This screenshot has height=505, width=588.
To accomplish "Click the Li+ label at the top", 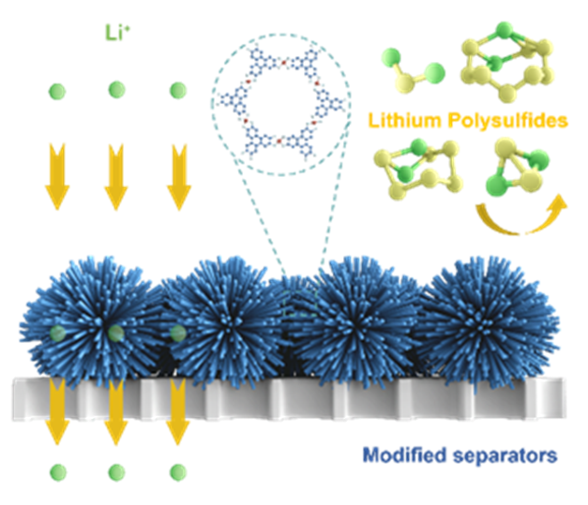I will (x=113, y=40).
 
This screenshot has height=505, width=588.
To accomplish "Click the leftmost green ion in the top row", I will (x=59, y=91).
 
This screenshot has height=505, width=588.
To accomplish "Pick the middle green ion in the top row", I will (x=116, y=91).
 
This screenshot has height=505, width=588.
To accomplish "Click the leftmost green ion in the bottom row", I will (x=59, y=471).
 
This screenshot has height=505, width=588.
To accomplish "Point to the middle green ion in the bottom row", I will (x=116, y=471).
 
